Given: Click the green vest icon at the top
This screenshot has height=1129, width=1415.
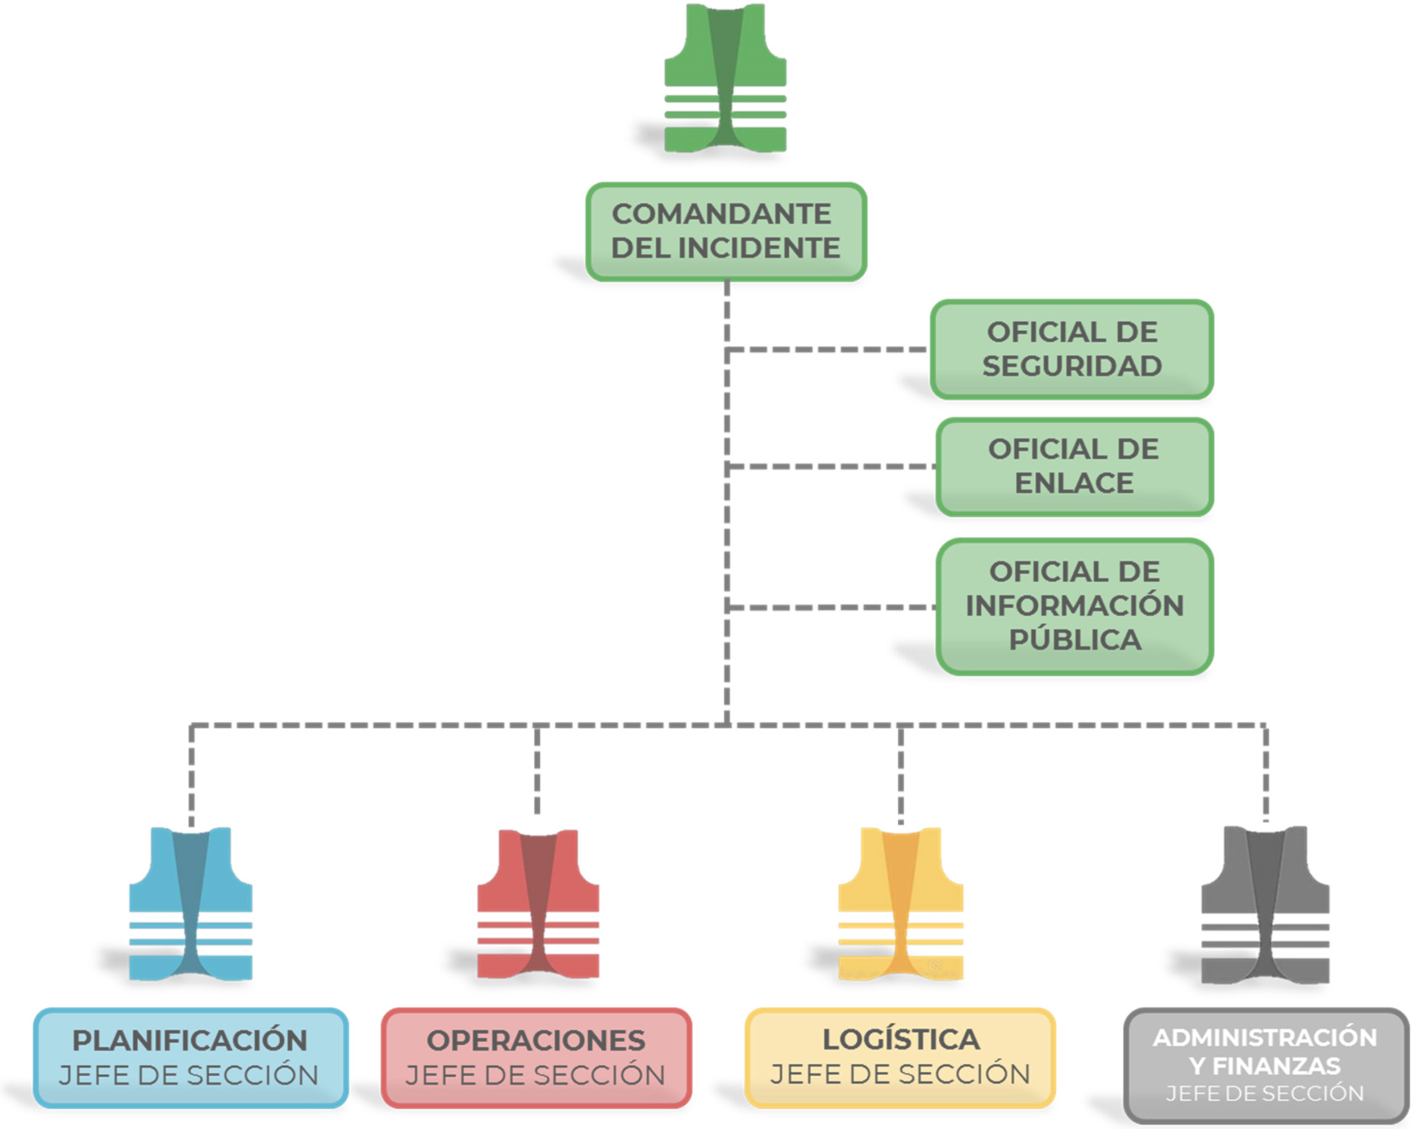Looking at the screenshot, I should [725, 79].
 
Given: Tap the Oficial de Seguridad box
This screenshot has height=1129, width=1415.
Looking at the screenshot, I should [1072, 349].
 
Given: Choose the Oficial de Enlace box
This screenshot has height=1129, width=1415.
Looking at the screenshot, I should [1074, 467].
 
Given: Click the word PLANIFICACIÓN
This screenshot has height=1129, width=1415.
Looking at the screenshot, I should [190, 1040].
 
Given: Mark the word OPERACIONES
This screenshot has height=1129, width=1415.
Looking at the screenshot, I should [536, 1040].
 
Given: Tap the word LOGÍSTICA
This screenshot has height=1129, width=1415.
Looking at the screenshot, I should [900, 1039].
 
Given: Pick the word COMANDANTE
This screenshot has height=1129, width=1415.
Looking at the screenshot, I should [721, 214].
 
